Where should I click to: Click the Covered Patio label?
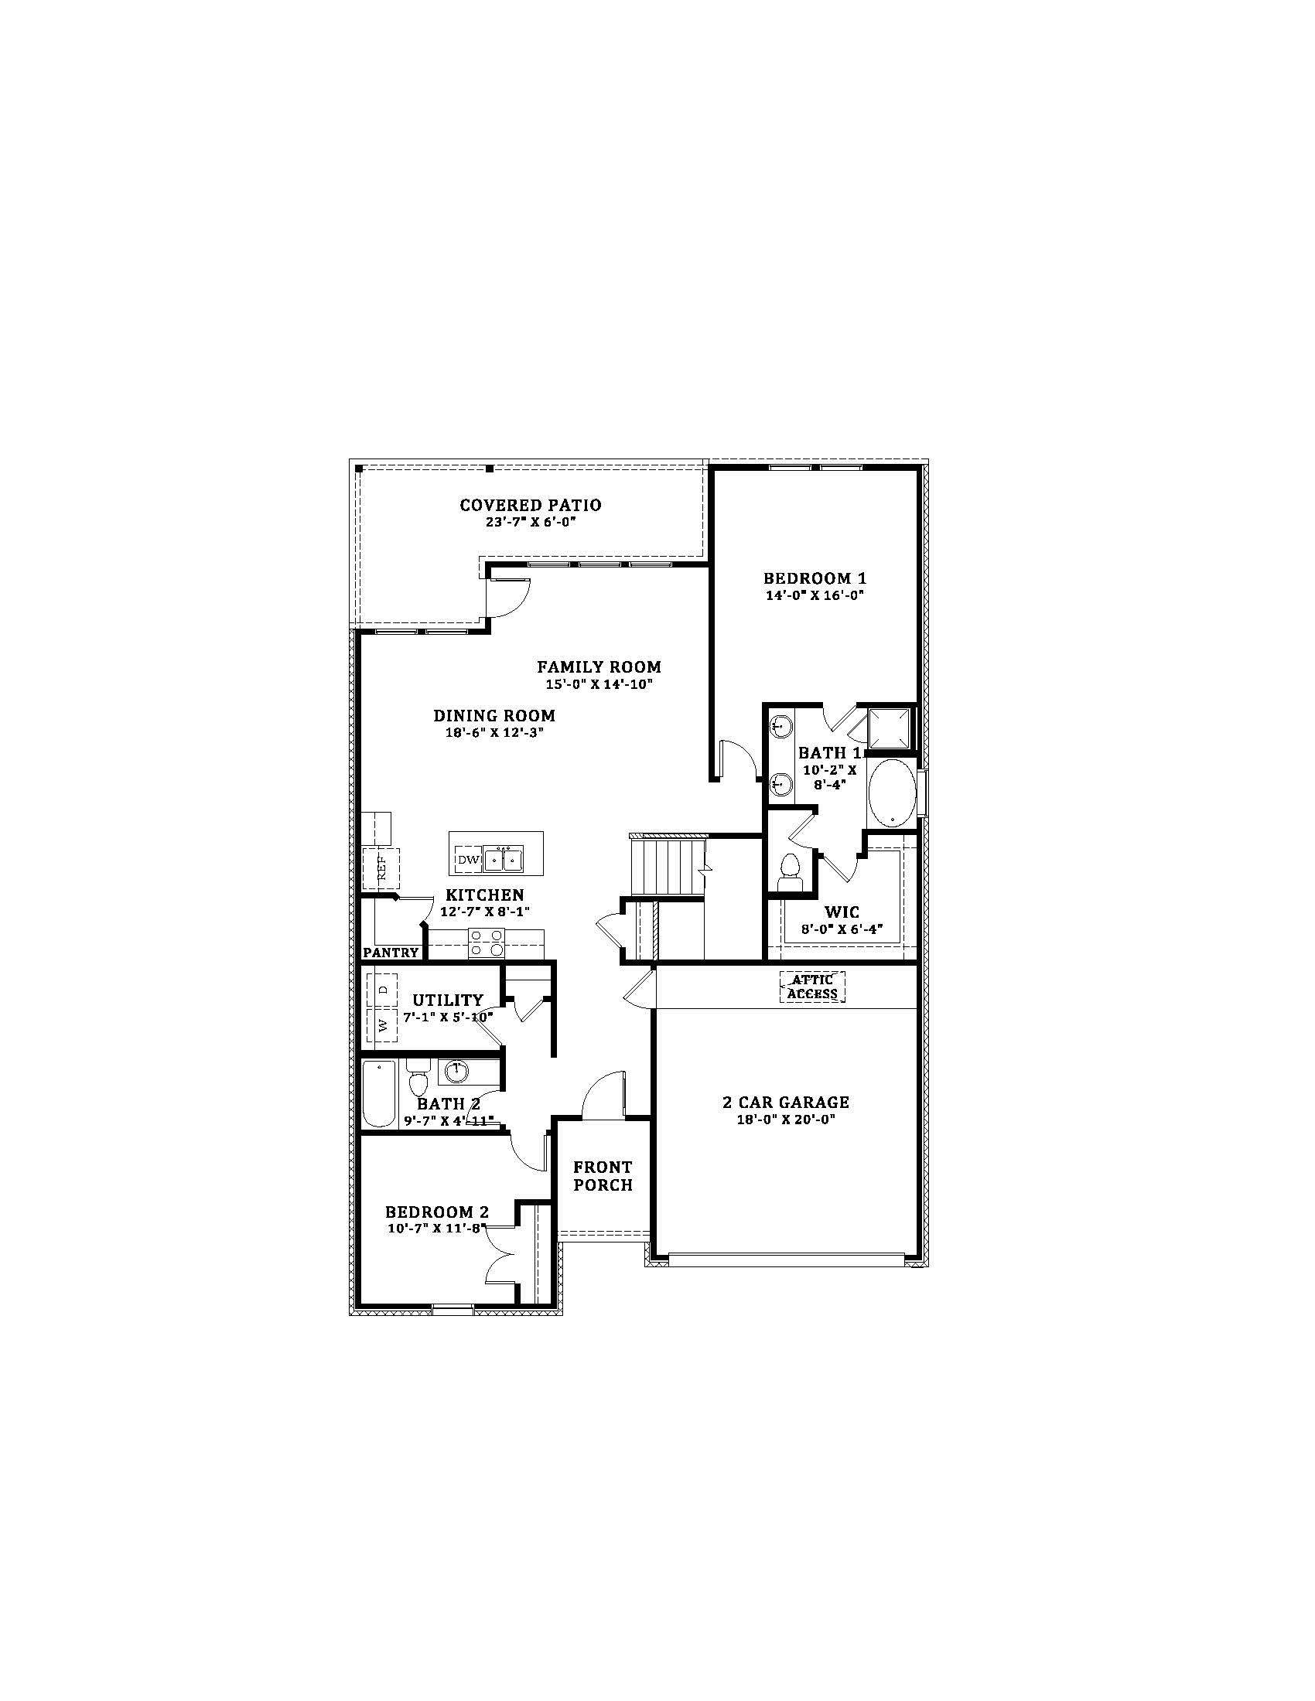point(530,505)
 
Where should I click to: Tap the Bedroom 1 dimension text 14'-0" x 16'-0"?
point(814,595)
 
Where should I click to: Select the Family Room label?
point(598,666)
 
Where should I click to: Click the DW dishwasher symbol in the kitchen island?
point(467,860)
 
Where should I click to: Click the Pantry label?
point(391,952)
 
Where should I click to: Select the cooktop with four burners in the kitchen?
point(487,943)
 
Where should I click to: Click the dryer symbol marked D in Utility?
point(382,989)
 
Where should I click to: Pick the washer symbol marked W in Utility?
point(382,1025)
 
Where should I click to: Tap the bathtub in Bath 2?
point(379,1093)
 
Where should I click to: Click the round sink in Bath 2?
point(456,1072)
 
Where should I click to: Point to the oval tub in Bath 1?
point(892,793)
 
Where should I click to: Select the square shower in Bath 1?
point(890,727)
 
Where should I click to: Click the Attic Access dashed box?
point(812,987)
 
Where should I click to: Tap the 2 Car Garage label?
point(785,1102)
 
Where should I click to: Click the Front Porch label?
point(603,1176)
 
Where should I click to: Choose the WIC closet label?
point(842,912)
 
